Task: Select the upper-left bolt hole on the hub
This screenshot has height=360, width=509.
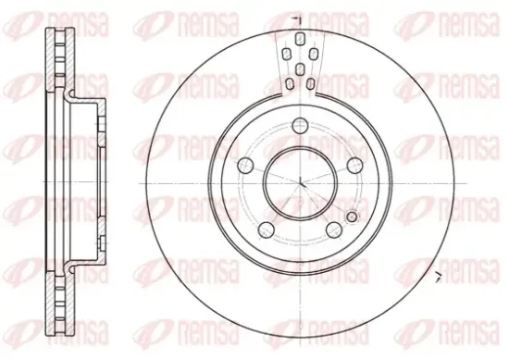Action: click(x=247, y=165)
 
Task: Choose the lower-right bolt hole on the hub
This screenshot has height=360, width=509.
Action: click(x=331, y=229)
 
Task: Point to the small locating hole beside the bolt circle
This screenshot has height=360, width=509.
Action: click(x=351, y=217)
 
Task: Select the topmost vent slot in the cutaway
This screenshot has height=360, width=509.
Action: click(x=300, y=36)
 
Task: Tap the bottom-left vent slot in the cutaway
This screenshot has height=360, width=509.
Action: click(x=289, y=83)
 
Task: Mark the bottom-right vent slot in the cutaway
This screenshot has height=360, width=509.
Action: click(x=312, y=83)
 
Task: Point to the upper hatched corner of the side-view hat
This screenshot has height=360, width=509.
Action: click(x=72, y=96)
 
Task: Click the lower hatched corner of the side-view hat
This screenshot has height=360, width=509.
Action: click(x=72, y=264)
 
